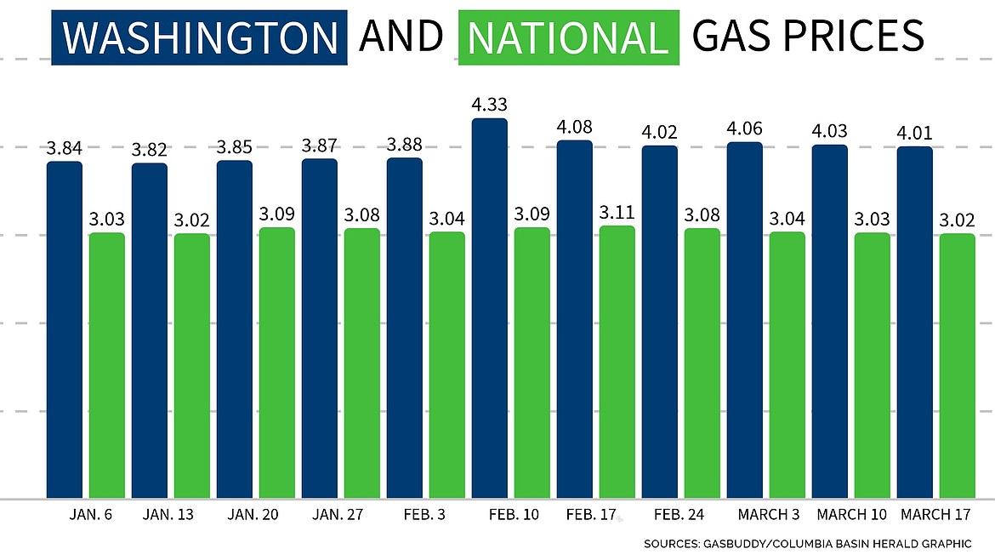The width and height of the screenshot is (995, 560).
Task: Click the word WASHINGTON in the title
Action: click(x=200, y=37)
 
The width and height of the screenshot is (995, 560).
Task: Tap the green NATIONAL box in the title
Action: click(x=568, y=37)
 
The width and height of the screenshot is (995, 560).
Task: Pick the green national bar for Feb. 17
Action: click(x=617, y=362)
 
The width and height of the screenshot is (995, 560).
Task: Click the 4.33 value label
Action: click(x=489, y=106)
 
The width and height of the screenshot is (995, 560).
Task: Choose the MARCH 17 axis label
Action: click(x=935, y=515)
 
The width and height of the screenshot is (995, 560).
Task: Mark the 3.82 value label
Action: click(x=149, y=151)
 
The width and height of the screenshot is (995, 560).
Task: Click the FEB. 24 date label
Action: click(x=680, y=515)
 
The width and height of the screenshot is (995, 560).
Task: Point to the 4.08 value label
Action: click(x=574, y=128)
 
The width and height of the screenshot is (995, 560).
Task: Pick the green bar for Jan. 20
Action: click(x=276, y=363)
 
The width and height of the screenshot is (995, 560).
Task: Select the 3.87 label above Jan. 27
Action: click(x=319, y=146)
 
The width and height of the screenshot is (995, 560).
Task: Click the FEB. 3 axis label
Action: click(x=425, y=515)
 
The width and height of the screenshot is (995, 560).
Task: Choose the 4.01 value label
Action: click(x=914, y=134)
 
